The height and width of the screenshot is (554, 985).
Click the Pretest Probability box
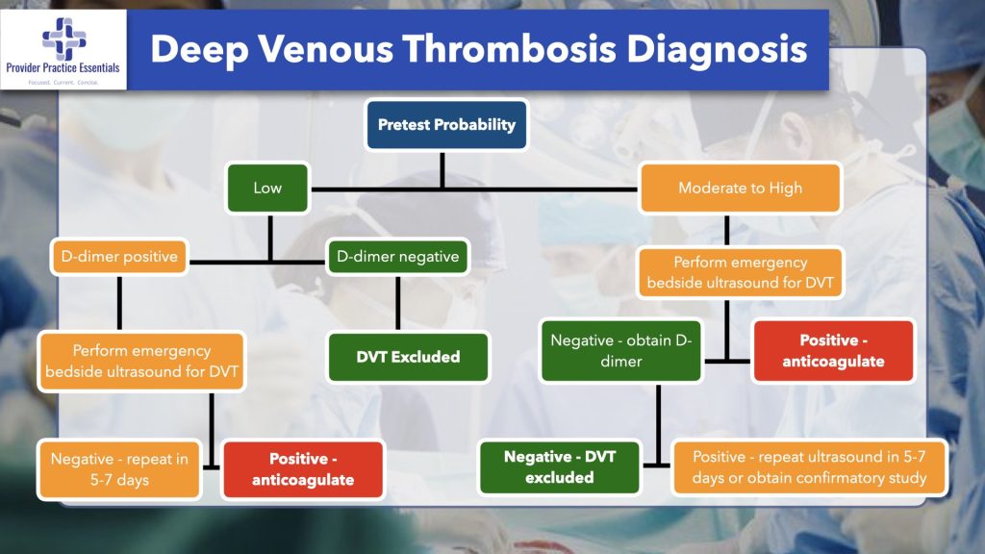[446, 125]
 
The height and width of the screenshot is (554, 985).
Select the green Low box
[267, 188]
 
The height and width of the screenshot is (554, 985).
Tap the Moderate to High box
[740, 188]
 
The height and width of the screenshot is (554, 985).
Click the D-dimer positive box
[120, 257]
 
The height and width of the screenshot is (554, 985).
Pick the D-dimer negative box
[398, 257]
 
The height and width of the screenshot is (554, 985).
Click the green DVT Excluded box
[408, 357]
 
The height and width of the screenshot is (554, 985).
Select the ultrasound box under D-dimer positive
[141, 362]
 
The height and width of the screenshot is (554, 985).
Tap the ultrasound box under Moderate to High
[740, 272]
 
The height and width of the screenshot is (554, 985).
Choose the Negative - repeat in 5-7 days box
[119, 469]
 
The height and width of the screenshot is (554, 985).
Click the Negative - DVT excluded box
[560, 467]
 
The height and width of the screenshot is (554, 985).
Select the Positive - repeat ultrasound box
[809, 467]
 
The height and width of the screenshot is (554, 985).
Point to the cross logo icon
[63, 39]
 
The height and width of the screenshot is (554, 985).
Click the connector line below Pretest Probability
[442, 168]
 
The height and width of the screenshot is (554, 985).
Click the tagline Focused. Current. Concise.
[63, 84]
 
